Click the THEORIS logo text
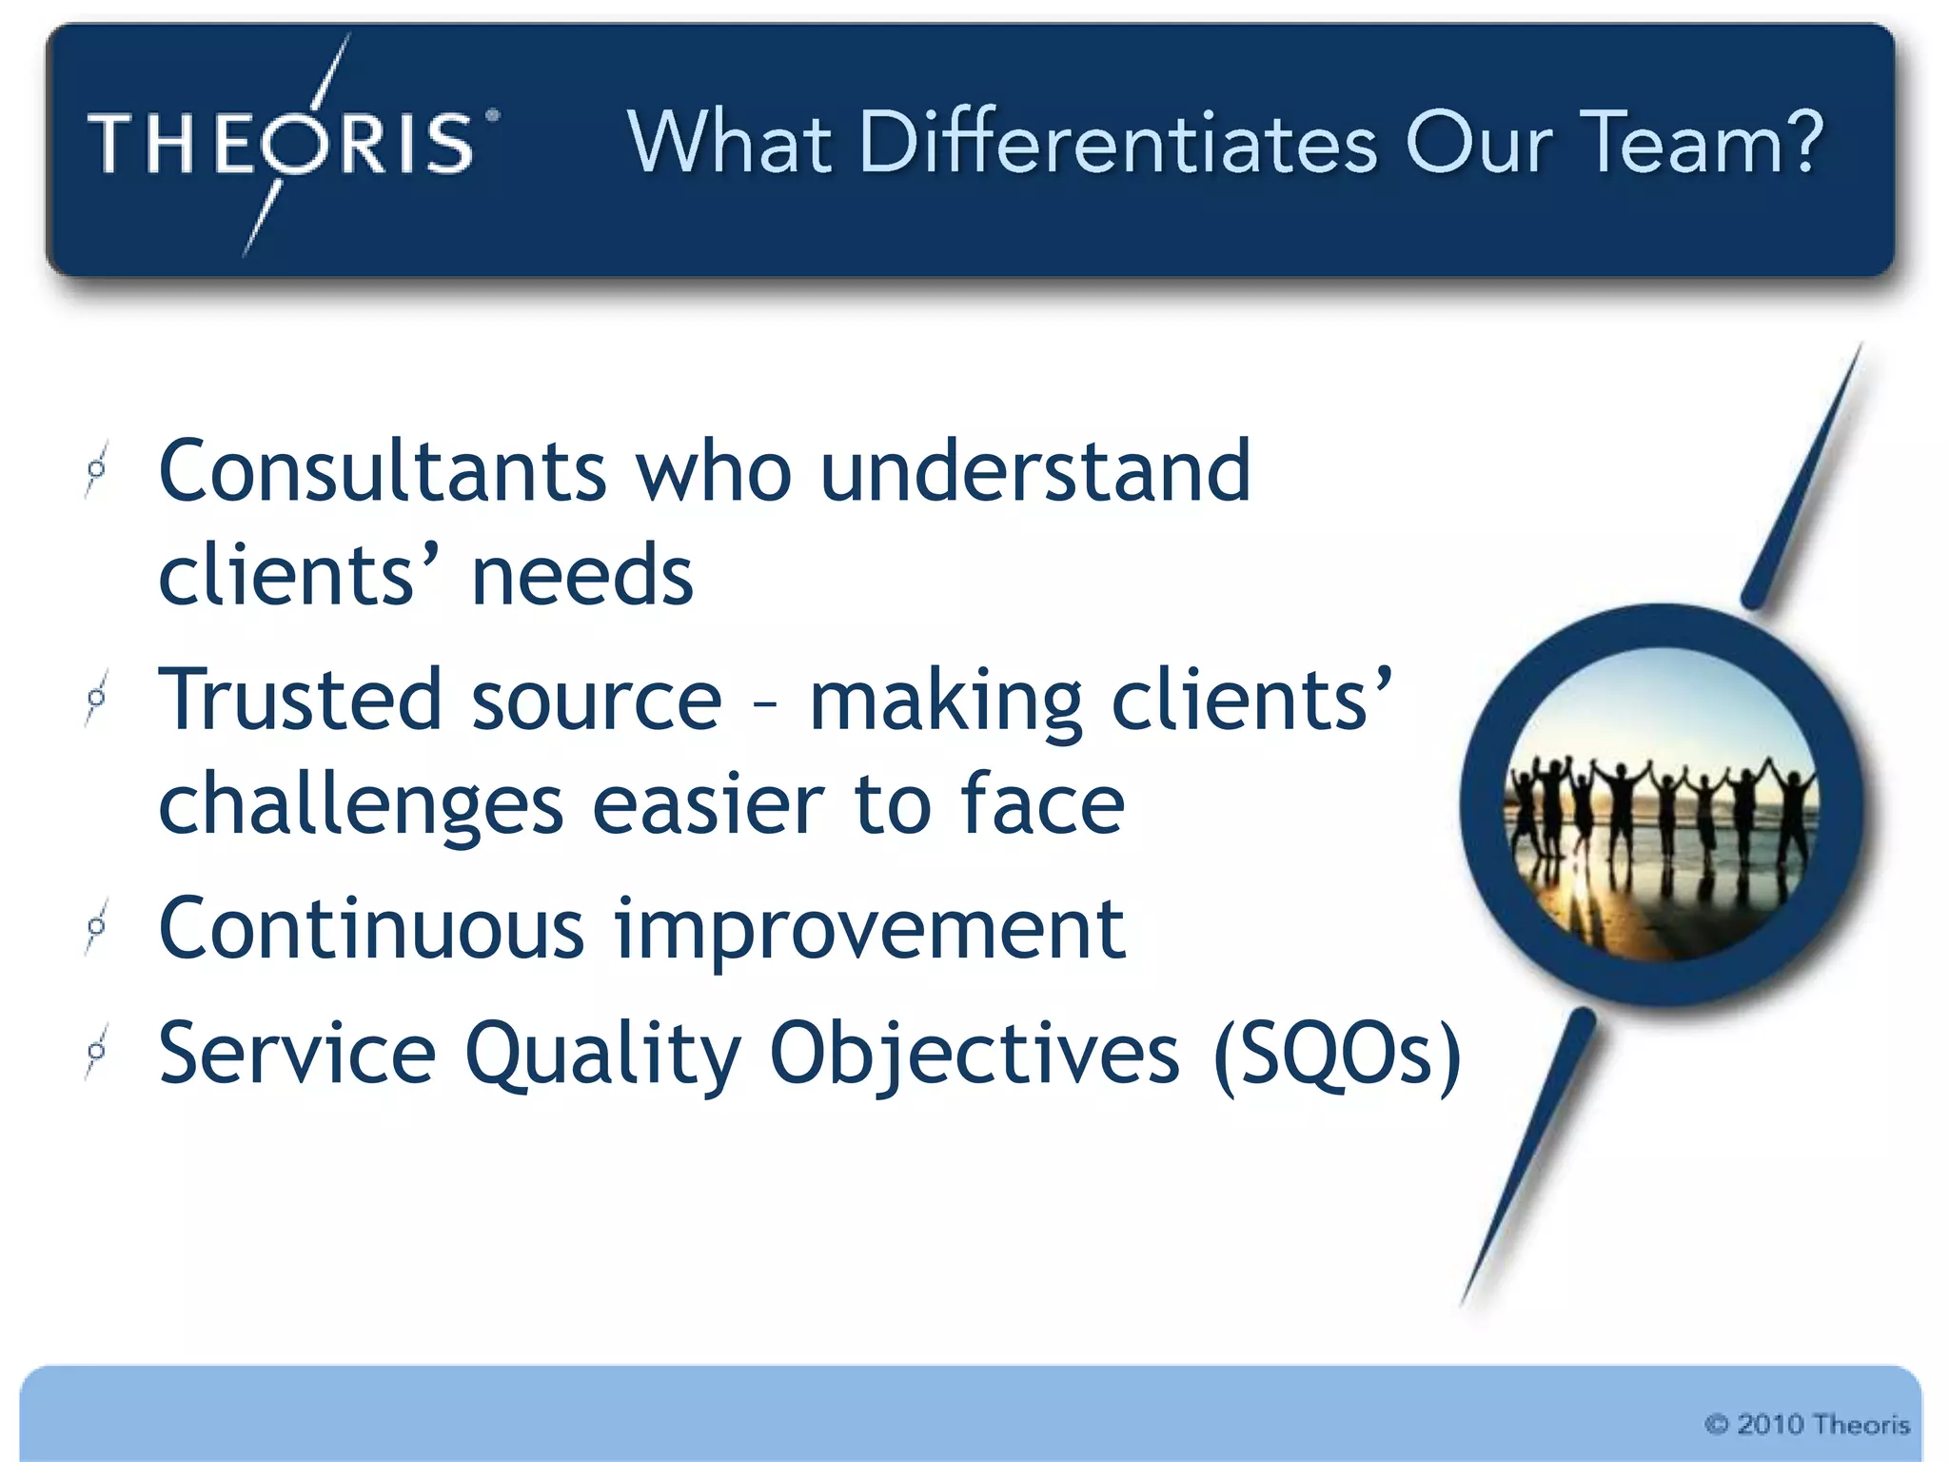[282, 144]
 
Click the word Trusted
[301, 700]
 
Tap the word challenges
[361, 805]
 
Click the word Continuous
[371, 929]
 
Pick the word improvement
[870, 931]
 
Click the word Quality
[602, 1055]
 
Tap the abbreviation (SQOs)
[1337, 1055]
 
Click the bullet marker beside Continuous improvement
[96, 925]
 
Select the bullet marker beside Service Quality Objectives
[96, 1051]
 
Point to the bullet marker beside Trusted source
[96, 698]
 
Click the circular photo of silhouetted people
[1661, 805]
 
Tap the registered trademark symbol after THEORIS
[492, 116]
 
